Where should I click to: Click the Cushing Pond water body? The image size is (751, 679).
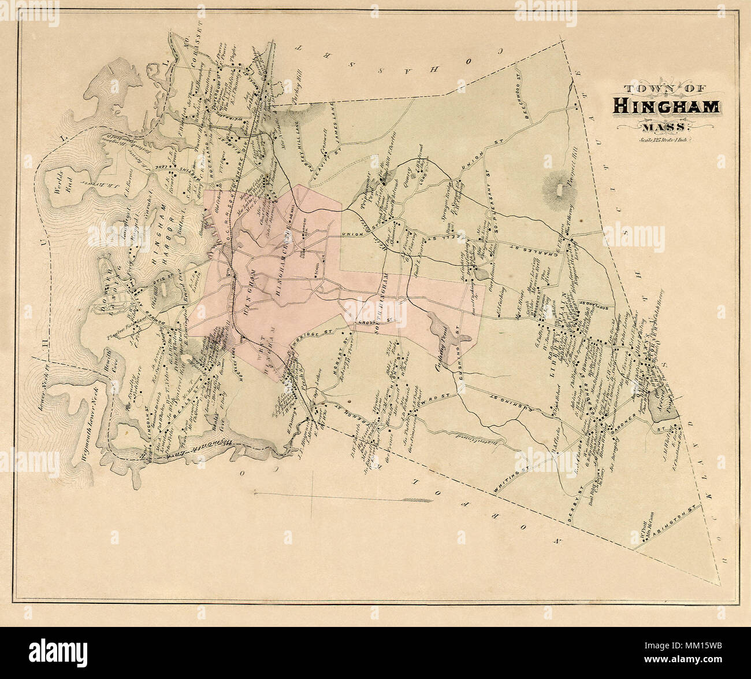(x=441, y=330)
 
